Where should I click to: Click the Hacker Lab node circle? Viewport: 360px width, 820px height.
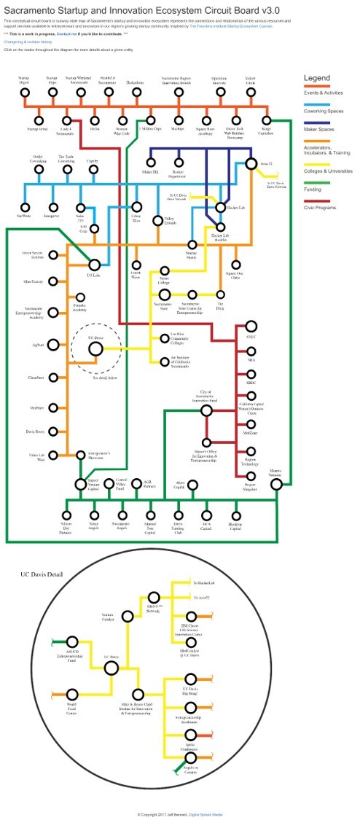click(x=222, y=208)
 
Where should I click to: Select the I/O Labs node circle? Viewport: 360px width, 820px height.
click(x=93, y=265)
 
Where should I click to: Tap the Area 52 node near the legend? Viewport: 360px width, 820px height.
click(x=251, y=165)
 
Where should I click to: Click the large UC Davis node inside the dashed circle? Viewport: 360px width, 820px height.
click(x=95, y=349)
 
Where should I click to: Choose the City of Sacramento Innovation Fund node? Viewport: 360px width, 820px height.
click(x=206, y=412)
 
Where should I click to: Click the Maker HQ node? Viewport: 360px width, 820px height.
click(x=151, y=161)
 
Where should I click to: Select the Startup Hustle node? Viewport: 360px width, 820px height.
click(x=192, y=245)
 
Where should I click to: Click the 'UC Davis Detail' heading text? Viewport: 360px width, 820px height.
click(x=42, y=574)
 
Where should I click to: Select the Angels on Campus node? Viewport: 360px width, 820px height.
click(x=191, y=759)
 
